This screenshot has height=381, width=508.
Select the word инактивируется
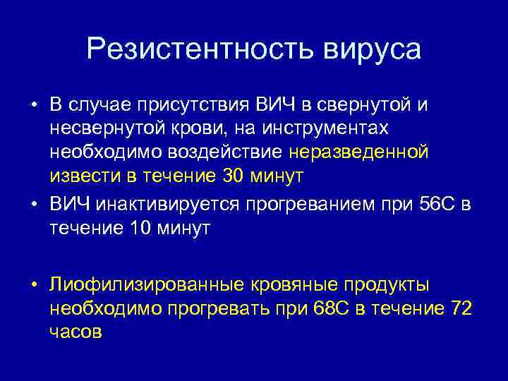(x=170, y=205)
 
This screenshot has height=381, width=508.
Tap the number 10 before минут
(x=131, y=227)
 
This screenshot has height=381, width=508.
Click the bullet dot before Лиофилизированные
(x=34, y=285)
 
